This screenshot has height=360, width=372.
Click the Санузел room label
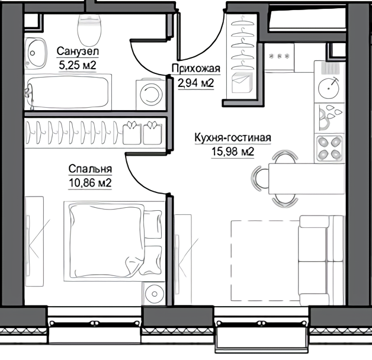click(x=78, y=52)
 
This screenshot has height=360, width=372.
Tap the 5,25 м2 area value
click(x=78, y=65)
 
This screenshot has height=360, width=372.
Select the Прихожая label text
click(x=196, y=69)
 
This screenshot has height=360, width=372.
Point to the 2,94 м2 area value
click(x=196, y=83)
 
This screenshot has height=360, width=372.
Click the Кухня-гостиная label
click(x=233, y=137)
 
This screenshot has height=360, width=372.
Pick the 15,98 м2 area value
click(x=233, y=152)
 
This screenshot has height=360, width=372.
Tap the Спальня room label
click(x=90, y=169)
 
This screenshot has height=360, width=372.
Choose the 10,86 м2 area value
click(x=90, y=183)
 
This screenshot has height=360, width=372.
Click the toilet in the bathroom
click(x=89, y=30)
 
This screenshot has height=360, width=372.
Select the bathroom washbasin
click(x=36, y=53)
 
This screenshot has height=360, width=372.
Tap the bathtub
click(x=68, y=92)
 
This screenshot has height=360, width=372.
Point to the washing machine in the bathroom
click(x=150, y=95)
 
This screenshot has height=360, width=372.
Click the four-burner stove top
click(x=329, y=149)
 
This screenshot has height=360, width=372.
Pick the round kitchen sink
click(x=329, y=88)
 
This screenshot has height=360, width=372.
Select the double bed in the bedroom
click(x=114, y=242)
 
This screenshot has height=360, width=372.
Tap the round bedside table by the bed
click(x=155, y=294)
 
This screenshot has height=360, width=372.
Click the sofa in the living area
click(x=321, y=260)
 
